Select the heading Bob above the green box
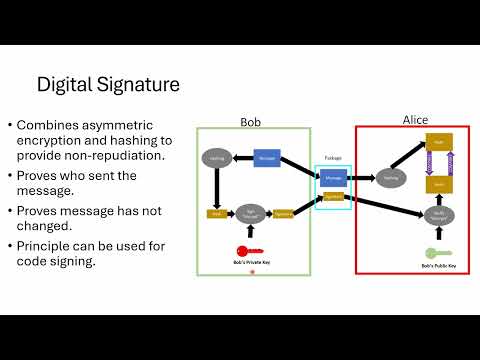[251, 122]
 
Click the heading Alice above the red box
[415, 120]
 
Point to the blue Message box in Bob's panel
[266, 158]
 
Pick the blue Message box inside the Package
[332, 178]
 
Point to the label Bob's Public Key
[437, 268]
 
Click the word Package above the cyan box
[333, 158]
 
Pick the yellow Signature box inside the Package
[333, 197]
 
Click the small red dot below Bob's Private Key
[251, 285]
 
